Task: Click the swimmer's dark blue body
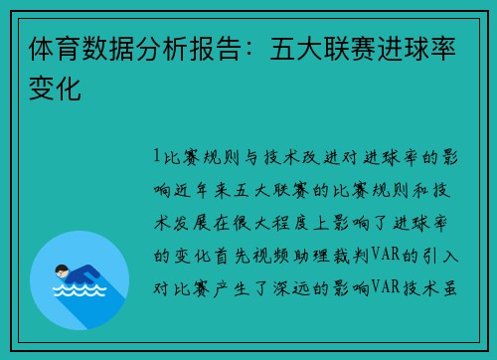click(x=84, y=273)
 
